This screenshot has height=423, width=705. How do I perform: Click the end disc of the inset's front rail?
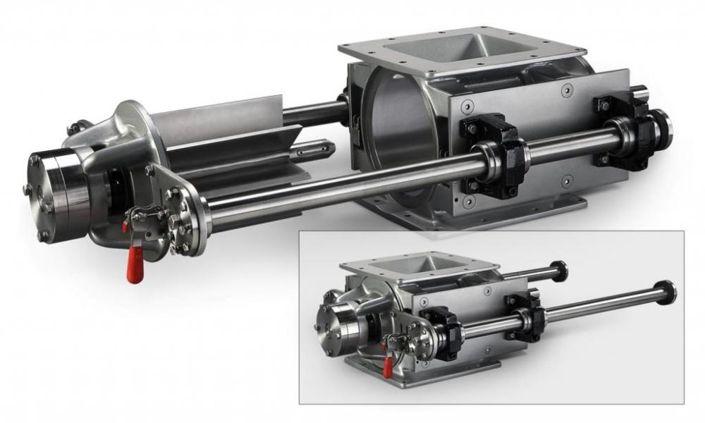(x=664, y=291)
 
